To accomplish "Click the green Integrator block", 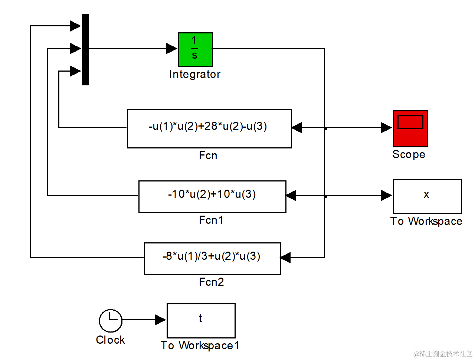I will coord(195,49).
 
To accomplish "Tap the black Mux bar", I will coord(85,50).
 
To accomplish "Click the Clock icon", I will coord(111,320).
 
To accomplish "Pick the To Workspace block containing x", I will coord(427,196).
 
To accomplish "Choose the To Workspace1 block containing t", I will coord(201,320).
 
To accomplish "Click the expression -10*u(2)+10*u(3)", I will coord(212,194).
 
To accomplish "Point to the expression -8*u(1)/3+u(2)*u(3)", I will coord(212,256).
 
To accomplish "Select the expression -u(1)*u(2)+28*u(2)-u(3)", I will coord(208,126).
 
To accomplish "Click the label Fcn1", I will coord(211,220).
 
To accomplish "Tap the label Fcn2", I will coord(212,282).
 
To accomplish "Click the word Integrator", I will coord(194,74).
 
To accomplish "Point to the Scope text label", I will coord(409,154).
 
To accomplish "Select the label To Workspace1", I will coord(200,346).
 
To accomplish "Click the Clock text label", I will coord(110,340).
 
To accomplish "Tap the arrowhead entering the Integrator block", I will coord(172,48).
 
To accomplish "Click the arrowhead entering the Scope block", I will coord(387,128).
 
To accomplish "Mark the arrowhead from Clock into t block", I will coord(161,320).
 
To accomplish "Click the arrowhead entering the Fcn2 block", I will coord(285,258).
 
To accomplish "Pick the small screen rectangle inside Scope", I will coord(410,122).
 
